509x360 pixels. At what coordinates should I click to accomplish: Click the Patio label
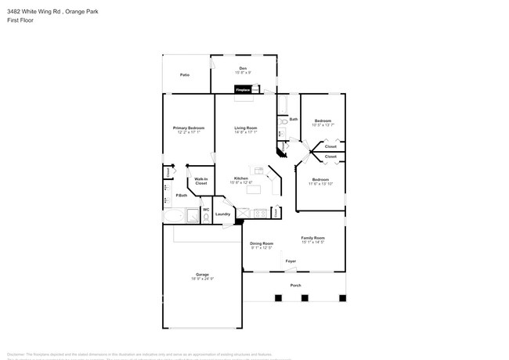(185, 74)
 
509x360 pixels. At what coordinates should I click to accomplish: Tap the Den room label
(243, 69)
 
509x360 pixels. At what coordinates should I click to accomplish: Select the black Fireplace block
(244, 90)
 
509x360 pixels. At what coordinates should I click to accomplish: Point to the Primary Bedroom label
(189, 128)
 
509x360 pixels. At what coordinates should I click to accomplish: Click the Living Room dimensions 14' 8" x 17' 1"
(246, 132)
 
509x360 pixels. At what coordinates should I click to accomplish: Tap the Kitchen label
(241, 178)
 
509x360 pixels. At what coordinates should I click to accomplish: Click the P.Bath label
(182, 195)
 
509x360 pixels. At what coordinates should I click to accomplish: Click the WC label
(206, 209)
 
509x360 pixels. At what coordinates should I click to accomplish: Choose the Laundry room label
(222, 214)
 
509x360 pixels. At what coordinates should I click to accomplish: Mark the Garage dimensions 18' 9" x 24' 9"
(203, 279)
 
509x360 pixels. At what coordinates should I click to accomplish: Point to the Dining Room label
(262, 243)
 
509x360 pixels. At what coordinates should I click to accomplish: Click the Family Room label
(313, 238)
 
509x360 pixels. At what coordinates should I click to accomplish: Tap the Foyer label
(291, 260)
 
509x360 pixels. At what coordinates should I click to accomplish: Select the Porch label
(295, 285)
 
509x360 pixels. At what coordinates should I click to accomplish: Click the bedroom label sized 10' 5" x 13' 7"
(323, 121)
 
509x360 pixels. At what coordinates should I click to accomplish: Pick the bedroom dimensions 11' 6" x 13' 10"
(321, 184)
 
